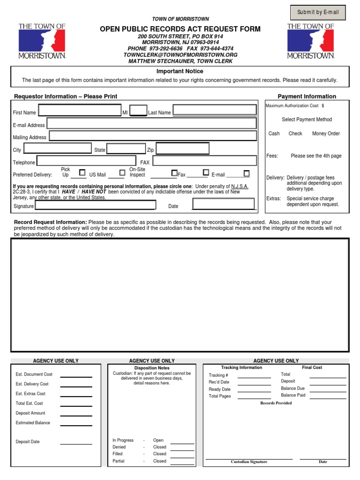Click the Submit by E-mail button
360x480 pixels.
(318, 13)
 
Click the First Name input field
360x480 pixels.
(80, 111)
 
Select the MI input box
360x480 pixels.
(138, 111)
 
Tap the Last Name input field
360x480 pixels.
(215, 110)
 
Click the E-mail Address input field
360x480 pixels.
(151, 123)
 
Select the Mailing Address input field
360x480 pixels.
(153, 136)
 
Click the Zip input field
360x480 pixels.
(206, 149)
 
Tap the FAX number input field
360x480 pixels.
(205, 161)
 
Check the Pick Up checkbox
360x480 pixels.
(82, 172)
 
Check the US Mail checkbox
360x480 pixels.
(122, 172)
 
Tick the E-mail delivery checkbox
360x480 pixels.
(247, 173)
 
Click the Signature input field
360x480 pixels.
(96, 205)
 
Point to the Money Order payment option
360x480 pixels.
(326, 134)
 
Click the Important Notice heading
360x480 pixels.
(180, 71)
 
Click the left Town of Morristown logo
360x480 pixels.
(42, 41)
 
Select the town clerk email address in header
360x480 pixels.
(180, 55)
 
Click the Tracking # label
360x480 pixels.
(218, 375)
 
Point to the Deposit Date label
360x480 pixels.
(28, 442)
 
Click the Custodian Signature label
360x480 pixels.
(249, 462)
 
